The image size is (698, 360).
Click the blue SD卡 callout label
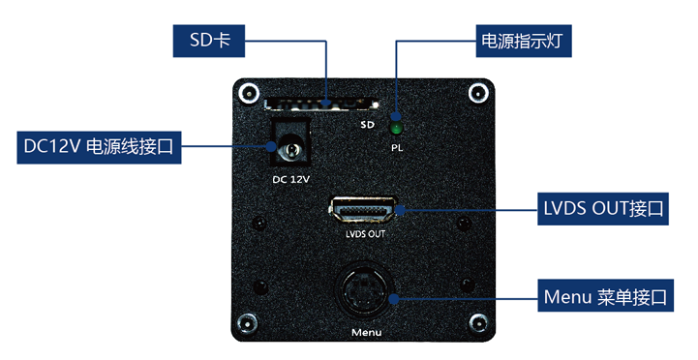pos(209,41)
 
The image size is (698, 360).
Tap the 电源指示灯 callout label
pos(524,41)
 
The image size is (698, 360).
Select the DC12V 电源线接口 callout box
pos(100,147)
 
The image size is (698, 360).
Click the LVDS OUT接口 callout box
pos(603,209)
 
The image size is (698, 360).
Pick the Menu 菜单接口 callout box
pos(605,295)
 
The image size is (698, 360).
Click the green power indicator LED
pos(396,128)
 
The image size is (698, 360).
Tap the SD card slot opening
pos(321,104)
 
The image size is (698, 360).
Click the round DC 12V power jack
pos(290,150)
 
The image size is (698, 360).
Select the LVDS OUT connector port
pos(363,210)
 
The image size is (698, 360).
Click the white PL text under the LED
pos(397,148)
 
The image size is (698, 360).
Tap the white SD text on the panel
pos(368,125)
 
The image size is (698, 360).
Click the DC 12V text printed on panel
pos(290,179)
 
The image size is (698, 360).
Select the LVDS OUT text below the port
pos(365,233)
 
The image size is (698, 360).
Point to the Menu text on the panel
pos(366,332)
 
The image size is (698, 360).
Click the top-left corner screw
pos(249,94)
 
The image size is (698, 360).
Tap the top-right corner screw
pos(478,94)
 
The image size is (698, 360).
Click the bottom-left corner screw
pos(247,323)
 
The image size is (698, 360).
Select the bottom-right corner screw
pos(479,322)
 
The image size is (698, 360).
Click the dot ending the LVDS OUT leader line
pos(400,210)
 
